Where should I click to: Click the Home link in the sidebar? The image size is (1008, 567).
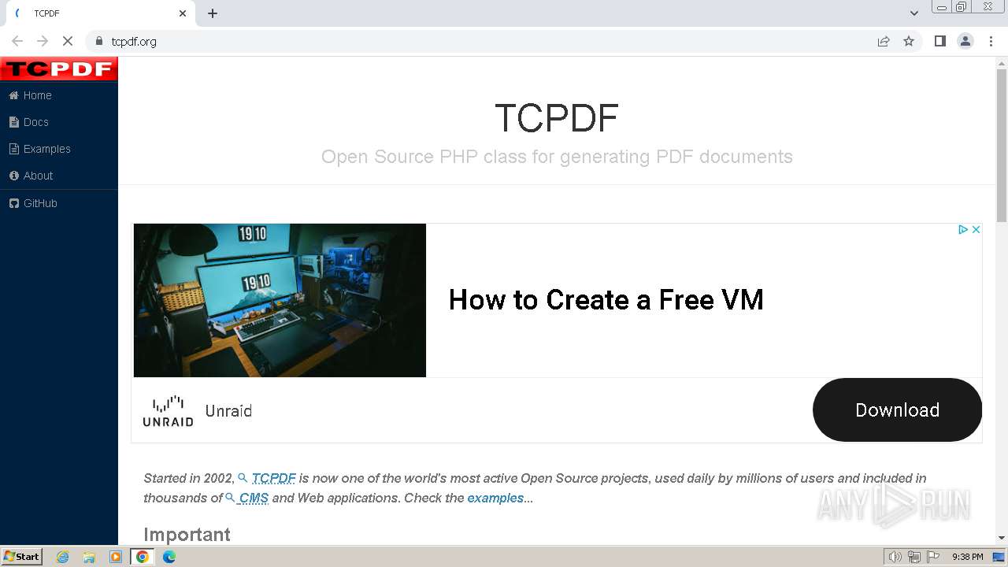point(31,95)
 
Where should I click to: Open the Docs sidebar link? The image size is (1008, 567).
point(29,122)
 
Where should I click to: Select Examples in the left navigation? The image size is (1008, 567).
point(40,149)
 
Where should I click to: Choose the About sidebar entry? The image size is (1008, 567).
point(31,176)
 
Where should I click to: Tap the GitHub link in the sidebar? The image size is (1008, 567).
point(33,203)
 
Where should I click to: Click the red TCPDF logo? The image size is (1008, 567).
point(59,69)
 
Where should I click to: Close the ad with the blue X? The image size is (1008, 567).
point(976,229)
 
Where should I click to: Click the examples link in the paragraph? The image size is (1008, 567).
point(495,498)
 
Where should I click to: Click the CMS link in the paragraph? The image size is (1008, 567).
point(254,498)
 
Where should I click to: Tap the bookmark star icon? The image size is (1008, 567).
point(909,42)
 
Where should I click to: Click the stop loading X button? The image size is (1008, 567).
point(68,42)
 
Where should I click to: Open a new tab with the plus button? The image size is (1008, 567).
point(213,13)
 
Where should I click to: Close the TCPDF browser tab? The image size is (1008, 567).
point(182,13)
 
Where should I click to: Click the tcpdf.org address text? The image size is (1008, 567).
point(134,42)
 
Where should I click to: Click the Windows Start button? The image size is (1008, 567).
point(22,557)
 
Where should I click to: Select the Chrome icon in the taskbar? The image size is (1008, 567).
point(143,557)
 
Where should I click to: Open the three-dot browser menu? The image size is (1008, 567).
point(991,42)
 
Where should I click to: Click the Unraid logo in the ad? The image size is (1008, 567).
point(168,411)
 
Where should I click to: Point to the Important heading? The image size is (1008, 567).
point(187,535)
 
